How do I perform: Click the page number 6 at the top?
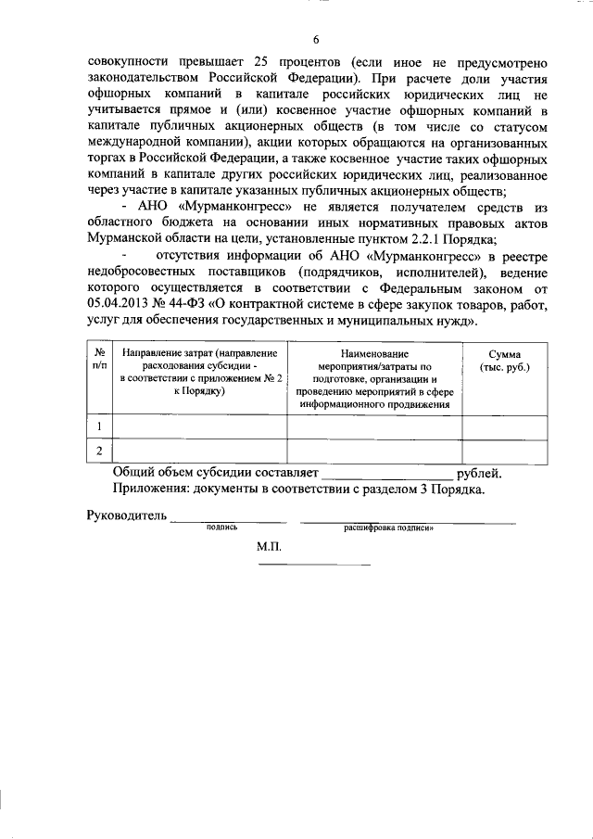315,39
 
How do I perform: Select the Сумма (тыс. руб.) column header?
505,362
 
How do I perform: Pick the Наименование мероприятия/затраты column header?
374,380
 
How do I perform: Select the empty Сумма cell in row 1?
505,426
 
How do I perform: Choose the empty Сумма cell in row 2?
505,451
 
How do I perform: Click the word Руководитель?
126,515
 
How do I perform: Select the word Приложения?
155,489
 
